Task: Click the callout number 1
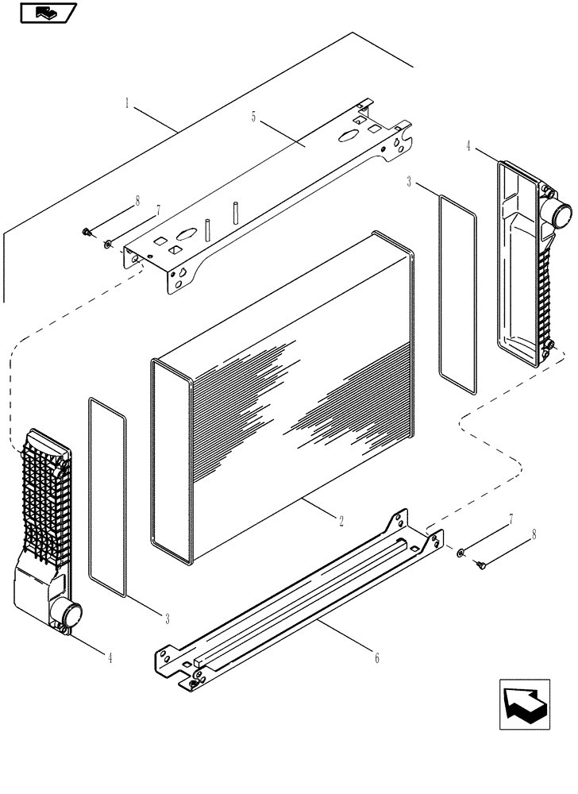point(127,102)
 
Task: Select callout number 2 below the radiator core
point(341,521)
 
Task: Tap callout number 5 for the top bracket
point(252,117)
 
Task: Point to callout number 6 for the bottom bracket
point(377,657)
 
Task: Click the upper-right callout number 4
point(468,146)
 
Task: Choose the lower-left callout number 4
point(110,657)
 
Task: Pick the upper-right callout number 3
point(409,183)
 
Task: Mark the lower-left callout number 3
point(166,617)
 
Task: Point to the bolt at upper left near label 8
point(85,231)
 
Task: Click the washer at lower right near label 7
point(460,551)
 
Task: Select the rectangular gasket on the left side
point(107,496)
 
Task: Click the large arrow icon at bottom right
point(525,703)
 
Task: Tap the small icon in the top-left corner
point(47,13)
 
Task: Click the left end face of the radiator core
point(171,461)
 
